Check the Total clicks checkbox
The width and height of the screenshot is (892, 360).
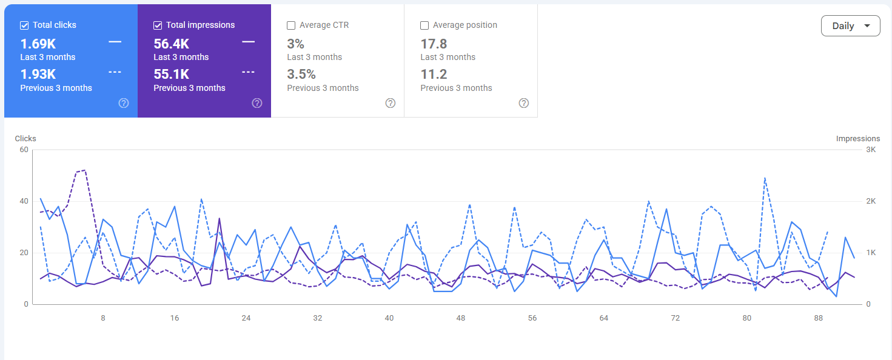tap(24, 25)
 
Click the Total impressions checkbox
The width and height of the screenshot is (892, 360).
tap(158, 25)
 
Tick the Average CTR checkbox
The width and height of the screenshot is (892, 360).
tap(291, 25)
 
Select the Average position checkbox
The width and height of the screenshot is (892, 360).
tap(424, 25)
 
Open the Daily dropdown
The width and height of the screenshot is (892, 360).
tap(851, 26)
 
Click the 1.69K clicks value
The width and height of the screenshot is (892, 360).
tap(38, 44)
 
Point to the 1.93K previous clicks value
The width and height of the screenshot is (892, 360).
tap(38, 74)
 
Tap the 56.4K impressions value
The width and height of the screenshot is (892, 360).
tap(172, 44)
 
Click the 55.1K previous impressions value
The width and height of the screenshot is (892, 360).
tap(172, 74)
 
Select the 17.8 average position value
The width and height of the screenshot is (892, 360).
tap(434, 44)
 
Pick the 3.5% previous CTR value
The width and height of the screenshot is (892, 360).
tap(301, 74)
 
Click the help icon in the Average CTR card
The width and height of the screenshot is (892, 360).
tap(391, 104)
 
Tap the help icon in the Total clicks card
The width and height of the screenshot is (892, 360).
tap(124, 104)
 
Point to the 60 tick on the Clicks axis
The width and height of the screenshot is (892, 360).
tap(24, 150)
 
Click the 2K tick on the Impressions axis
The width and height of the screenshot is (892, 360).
tap(871, 201)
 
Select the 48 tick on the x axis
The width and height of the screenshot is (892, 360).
tap(461, 318)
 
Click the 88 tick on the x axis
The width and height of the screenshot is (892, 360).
tap(819, 318)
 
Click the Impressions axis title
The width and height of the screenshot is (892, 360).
tap(858, 138)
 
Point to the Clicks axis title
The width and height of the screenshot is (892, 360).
tap(25, 138)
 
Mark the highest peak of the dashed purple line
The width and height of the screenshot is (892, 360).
tap(85, 170)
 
